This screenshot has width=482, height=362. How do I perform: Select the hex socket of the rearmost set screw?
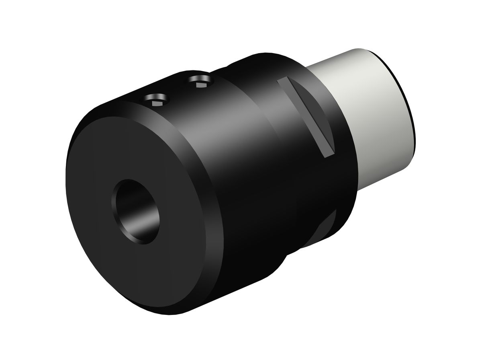click(200, 84)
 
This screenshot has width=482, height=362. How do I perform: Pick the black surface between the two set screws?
click(179, 92)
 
